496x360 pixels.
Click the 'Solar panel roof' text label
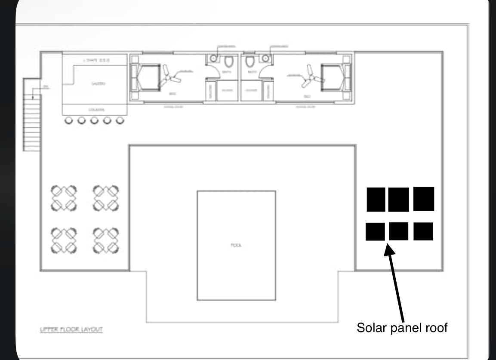pyautogui.click(x=403, y=328)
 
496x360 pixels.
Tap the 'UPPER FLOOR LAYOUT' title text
pyautogui.click(x=71, y=329)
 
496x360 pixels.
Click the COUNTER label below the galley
pyautogui.click(x=96, y=110)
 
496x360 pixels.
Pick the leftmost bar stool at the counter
pyautogui.click(x=69, y=121)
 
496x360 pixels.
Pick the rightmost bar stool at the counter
pyautogui.click(x=120, y=121)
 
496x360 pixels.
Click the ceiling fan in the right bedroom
pyautogui.click(x=312, y=77)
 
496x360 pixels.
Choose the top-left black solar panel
pyautogui.click(x=376, y=200)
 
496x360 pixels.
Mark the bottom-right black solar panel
pyautogui.click(x=423, y=231)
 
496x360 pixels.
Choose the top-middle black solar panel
pyautogui.click(x=398, y=200)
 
